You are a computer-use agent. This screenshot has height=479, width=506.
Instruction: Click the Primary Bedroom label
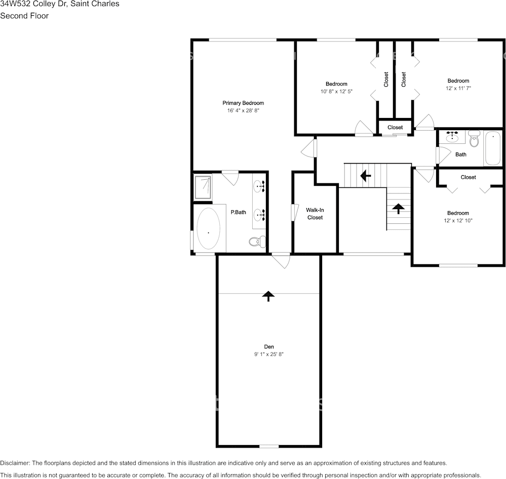(243, 103)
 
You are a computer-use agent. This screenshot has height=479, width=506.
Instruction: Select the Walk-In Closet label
(314, 213)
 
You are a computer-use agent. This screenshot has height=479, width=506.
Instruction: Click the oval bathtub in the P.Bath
(208, 228)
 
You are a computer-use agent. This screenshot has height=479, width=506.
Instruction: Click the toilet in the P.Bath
(258, 242)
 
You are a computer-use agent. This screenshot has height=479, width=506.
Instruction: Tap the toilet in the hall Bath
(474, 138)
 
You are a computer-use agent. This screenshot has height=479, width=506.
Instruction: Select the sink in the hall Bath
(452, 137)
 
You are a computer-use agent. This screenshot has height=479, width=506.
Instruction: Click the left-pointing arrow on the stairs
(365, 176)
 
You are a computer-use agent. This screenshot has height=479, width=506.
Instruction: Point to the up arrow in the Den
(267, 296)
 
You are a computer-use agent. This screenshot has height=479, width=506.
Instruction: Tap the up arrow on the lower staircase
(398, 208)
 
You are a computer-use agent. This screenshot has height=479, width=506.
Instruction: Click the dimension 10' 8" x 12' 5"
(336, 92)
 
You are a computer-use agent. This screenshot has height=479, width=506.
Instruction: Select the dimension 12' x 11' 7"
(458, 88)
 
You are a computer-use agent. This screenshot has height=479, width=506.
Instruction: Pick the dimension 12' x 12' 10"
(457, 220)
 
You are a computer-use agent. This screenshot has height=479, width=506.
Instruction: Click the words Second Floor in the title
(24, 16)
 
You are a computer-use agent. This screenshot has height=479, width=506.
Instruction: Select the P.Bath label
(238, 212)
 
